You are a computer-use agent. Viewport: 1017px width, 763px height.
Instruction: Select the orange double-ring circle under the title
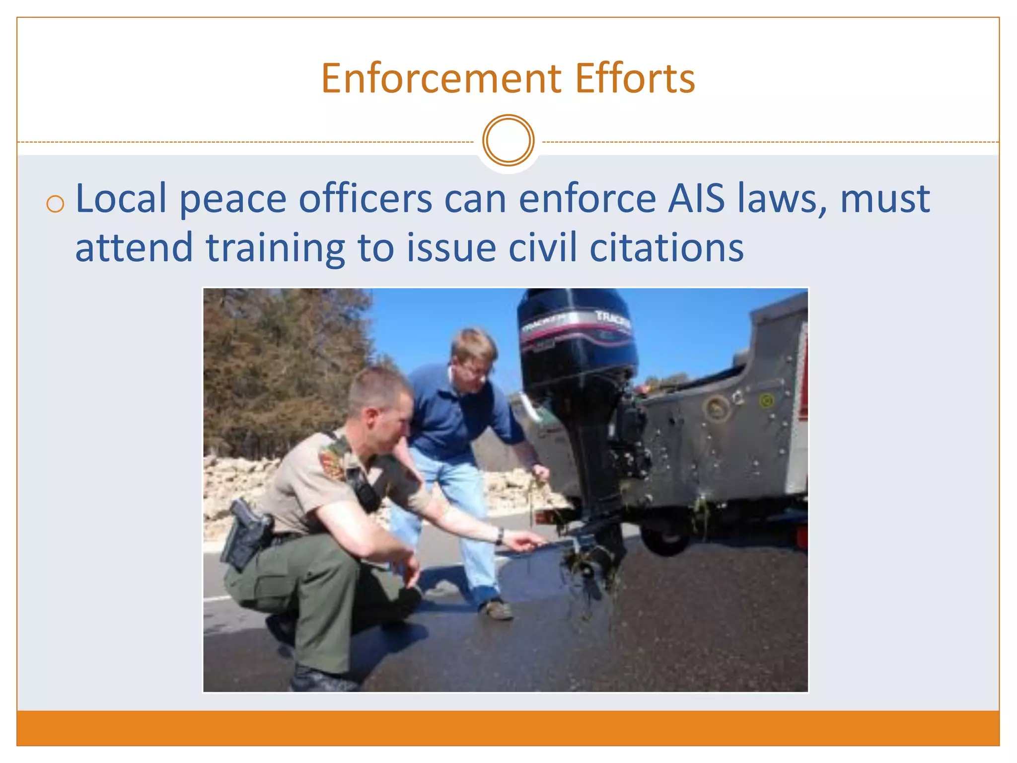point(508,141)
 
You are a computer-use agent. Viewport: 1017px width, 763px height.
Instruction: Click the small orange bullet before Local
point(55,204)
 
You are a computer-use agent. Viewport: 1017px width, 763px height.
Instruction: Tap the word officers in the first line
point(365,199)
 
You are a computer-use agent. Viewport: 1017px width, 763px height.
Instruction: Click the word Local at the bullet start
point(121,199)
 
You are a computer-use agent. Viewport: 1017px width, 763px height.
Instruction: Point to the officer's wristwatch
point(500,535)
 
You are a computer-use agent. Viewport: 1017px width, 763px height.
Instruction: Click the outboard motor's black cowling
point(576,338)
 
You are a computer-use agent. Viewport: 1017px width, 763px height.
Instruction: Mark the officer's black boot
point(318,678)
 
